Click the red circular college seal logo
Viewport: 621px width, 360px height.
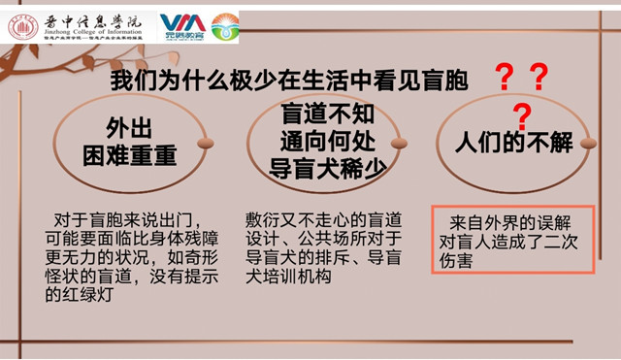coord(22,26)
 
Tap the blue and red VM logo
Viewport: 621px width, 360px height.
coord(181,24)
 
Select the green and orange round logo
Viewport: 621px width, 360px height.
coord(224,26)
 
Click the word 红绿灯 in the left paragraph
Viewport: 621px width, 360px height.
coord(87,298)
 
